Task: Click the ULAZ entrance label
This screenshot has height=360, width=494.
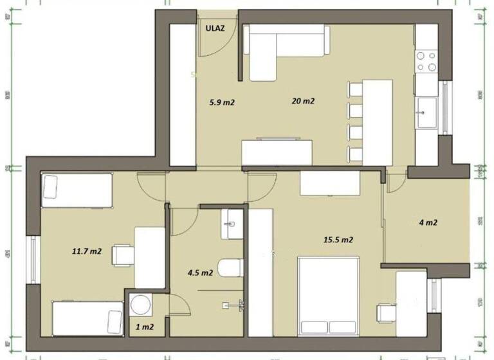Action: (x=215, y=28)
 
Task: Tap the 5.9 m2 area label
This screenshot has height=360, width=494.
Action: (x=221, y=102)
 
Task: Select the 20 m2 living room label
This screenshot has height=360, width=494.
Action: (x=303, y=101)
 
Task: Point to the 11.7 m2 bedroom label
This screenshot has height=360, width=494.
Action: (x=86, y=251)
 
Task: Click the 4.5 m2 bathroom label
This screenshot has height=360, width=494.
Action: (x=200, y=272)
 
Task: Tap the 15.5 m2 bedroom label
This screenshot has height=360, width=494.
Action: (x=338, y=240)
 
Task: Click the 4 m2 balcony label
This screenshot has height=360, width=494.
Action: (x=428, y=223)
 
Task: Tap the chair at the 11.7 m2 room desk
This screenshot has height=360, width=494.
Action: (x=122, y=255)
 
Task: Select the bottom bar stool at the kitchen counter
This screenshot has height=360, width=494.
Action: (x=354, y=154)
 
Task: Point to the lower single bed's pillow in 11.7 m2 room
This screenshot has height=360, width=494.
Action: (x=114, y=321)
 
